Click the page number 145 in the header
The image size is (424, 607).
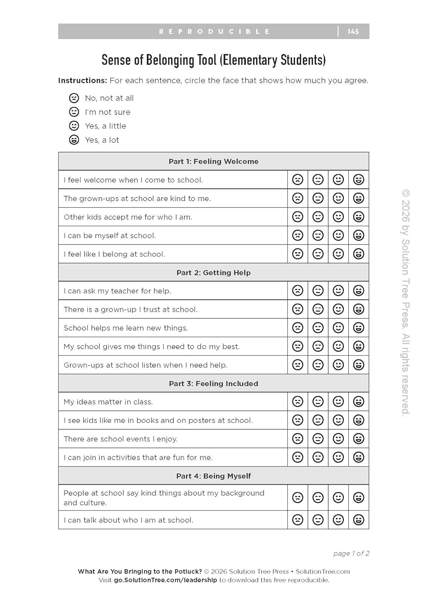tap(353, 32)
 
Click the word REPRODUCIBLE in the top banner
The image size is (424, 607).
tap(214, 32)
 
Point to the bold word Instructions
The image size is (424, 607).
tap(82, 81)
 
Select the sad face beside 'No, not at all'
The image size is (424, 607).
tap(74, 98)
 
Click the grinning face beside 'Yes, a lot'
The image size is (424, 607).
tap(74, 140)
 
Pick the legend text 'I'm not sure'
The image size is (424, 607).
tap(108, 112)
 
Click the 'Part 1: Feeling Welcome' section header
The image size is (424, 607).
tap(213, 161)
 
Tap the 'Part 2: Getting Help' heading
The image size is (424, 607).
tap(213, 273)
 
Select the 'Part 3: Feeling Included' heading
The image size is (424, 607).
tap(213, 384)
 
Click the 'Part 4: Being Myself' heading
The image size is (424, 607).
tap(213, 476)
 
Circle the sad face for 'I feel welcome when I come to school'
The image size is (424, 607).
tap(298, 180)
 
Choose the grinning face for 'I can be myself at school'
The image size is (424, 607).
tap(359, 236)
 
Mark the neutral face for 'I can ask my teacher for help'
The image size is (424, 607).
tap(318, 291)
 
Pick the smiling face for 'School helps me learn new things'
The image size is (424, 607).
tap(338, 328)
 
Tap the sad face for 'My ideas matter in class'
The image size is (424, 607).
tap(298, 402)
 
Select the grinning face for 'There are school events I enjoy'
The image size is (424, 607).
tap(359, 439)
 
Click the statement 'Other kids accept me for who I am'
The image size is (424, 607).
tap(128, 217)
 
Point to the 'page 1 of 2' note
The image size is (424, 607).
tap(351, 554)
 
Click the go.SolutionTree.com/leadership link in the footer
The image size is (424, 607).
tap(165, 580)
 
